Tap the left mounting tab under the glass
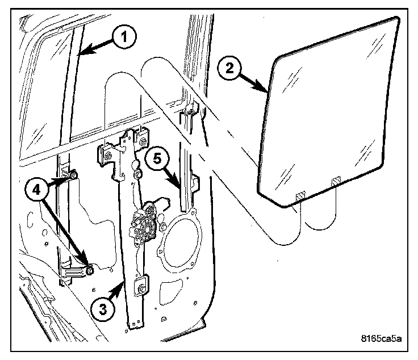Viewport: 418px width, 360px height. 299,194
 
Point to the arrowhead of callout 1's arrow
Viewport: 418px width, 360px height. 82,55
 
